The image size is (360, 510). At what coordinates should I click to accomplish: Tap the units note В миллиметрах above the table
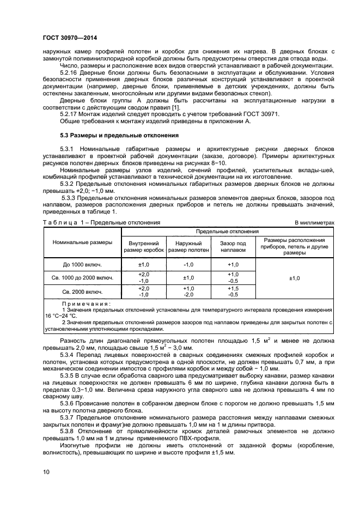(x=317, y=223)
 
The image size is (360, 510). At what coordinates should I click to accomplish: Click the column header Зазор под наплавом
(x=233, y=247)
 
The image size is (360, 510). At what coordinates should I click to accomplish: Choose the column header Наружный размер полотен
(x=188, y=247)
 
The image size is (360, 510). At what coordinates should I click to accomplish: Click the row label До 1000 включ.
(x=83, y=264)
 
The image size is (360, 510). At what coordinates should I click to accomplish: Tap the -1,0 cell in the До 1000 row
(x=188, y=264)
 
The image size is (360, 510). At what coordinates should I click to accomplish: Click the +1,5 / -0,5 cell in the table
(x=233, y=292)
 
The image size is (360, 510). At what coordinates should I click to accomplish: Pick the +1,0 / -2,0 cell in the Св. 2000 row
(x=188, y=292)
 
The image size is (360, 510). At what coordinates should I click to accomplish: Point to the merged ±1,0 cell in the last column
(x=295, y=278)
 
